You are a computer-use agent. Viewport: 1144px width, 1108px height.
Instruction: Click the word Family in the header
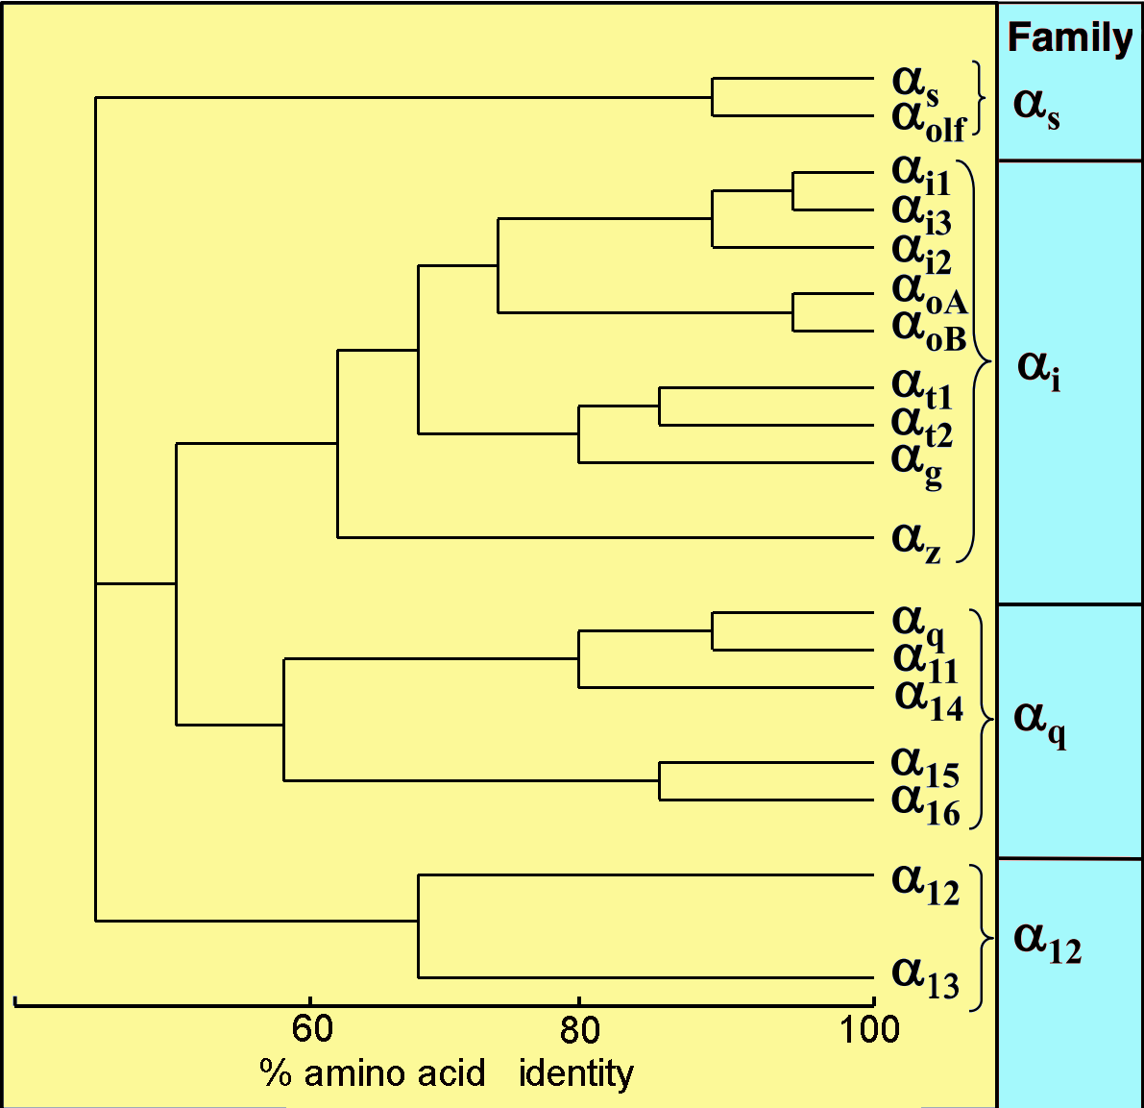pos(1069,38)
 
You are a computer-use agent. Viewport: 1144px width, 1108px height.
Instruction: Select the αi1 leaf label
pos(921,175)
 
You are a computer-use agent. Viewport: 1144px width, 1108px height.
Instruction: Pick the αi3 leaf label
pos(921,213)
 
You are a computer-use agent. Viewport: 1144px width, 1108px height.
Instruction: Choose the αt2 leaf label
pos(921,426)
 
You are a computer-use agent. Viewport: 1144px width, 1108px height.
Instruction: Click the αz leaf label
pos(916,540)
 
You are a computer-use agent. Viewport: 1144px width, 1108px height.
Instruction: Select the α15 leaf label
pos(925,766)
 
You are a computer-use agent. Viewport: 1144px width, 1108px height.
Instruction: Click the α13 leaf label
pos(925,976)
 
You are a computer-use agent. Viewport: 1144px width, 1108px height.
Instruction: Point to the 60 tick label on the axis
pos(312,1029)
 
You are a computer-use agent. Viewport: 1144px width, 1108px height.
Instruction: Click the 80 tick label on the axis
pos(579,1030)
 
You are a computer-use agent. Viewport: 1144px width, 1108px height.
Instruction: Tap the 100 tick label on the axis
pos(870,1029)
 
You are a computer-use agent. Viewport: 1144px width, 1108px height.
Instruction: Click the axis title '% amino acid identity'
pos(447,1072)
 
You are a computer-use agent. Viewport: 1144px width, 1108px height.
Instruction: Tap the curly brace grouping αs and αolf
pos(979,98)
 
